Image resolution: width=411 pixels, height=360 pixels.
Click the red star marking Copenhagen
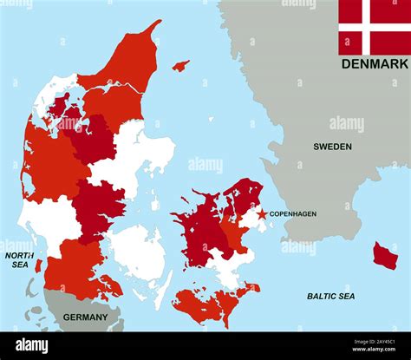(x=262, y=213)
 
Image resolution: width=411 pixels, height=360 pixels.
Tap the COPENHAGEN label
(x=292, y=213)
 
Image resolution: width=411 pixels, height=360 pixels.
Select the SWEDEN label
(x=332, y=147)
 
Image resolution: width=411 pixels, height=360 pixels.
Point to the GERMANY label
(x=85, y=317)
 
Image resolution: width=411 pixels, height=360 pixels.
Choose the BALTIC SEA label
(x=330, y=297)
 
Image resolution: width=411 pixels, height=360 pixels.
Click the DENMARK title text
(x=374, y=64)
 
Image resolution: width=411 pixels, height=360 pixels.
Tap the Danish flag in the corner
(x=373, y=27)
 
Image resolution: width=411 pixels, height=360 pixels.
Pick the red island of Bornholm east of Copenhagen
(x=385, y=255)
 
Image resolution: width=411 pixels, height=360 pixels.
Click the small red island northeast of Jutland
(x=180, y=65)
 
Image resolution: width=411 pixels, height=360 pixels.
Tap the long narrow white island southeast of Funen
(x=163, y=291)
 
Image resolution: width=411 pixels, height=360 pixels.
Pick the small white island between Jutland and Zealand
(x=154, y=204)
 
